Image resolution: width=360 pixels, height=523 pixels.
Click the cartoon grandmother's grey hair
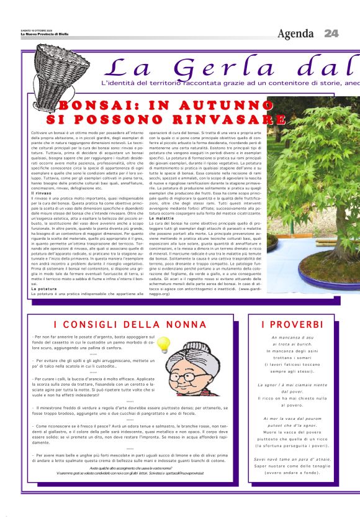click(x=204, y=352)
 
